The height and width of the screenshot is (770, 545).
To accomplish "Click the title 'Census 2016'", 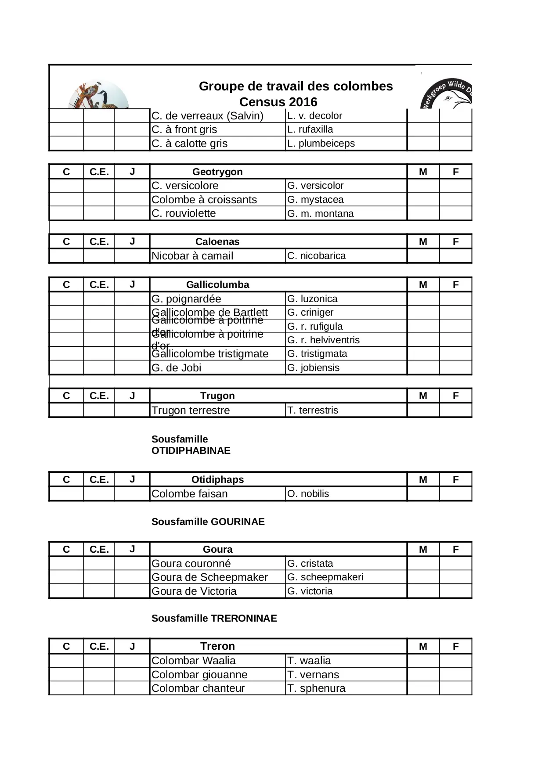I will pos(278,102).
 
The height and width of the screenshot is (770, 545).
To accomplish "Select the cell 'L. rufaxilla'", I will pos(310,130).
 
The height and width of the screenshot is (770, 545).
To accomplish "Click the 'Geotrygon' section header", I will pos(217,172).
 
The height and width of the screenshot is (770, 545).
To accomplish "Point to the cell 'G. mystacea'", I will pos(315,199).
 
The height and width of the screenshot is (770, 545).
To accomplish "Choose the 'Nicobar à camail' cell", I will pos(192,256).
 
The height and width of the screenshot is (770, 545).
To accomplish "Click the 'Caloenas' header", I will pos(217,241).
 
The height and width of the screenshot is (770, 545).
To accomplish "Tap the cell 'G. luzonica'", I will pos(312,299).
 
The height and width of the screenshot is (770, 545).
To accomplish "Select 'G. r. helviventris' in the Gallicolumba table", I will pos(323,340).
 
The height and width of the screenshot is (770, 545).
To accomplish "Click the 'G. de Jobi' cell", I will pos(177,368).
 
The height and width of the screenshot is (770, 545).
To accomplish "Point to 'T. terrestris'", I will pos(313,410).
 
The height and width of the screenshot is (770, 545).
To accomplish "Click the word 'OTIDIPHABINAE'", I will pos(191,451).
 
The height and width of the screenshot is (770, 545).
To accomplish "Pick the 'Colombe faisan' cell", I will pos(190,494).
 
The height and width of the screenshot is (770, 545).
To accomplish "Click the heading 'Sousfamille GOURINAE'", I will pos(208,522).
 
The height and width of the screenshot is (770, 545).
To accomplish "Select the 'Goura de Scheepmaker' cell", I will pos(209,577).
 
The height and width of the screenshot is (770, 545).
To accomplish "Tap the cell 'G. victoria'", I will pos(310,591).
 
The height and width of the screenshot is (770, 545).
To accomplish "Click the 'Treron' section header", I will pos(217,646).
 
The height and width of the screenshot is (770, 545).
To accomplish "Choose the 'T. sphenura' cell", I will pos(316,688).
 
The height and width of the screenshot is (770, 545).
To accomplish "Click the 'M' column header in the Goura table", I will pos(423,549).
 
